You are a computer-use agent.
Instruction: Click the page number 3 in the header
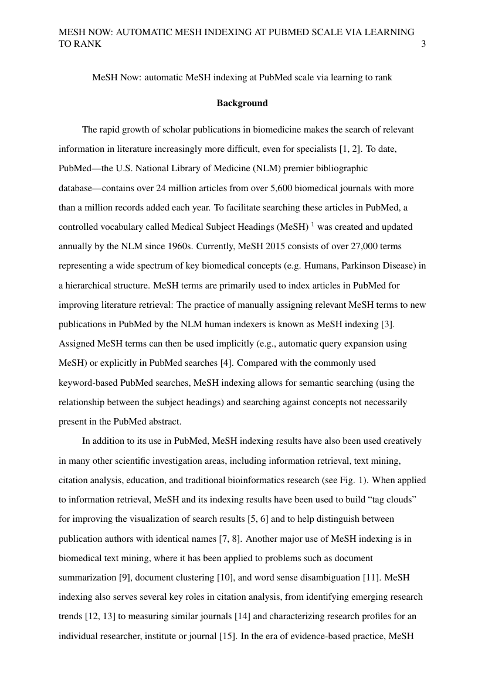point(423,44)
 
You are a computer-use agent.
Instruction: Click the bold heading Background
point(242,103)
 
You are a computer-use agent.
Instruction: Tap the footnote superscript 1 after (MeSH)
point(313,224)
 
